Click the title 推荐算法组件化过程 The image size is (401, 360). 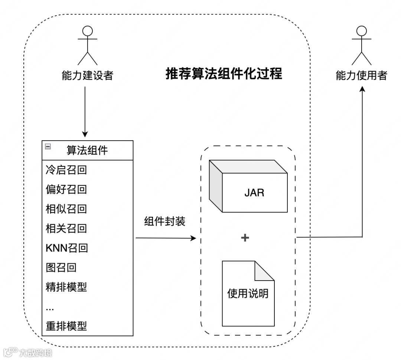224,74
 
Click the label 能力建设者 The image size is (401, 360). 87,76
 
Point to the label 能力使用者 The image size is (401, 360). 361,76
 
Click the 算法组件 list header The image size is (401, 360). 87,150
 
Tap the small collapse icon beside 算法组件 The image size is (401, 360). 48,146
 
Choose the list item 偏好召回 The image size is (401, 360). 66,189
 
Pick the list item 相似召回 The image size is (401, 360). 66,209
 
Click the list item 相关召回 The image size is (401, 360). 66,228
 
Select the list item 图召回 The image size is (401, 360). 61,267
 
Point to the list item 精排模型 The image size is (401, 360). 66,287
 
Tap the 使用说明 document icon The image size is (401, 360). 248,293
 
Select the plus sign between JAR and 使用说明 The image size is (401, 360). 245,238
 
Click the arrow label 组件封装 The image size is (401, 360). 164,222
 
